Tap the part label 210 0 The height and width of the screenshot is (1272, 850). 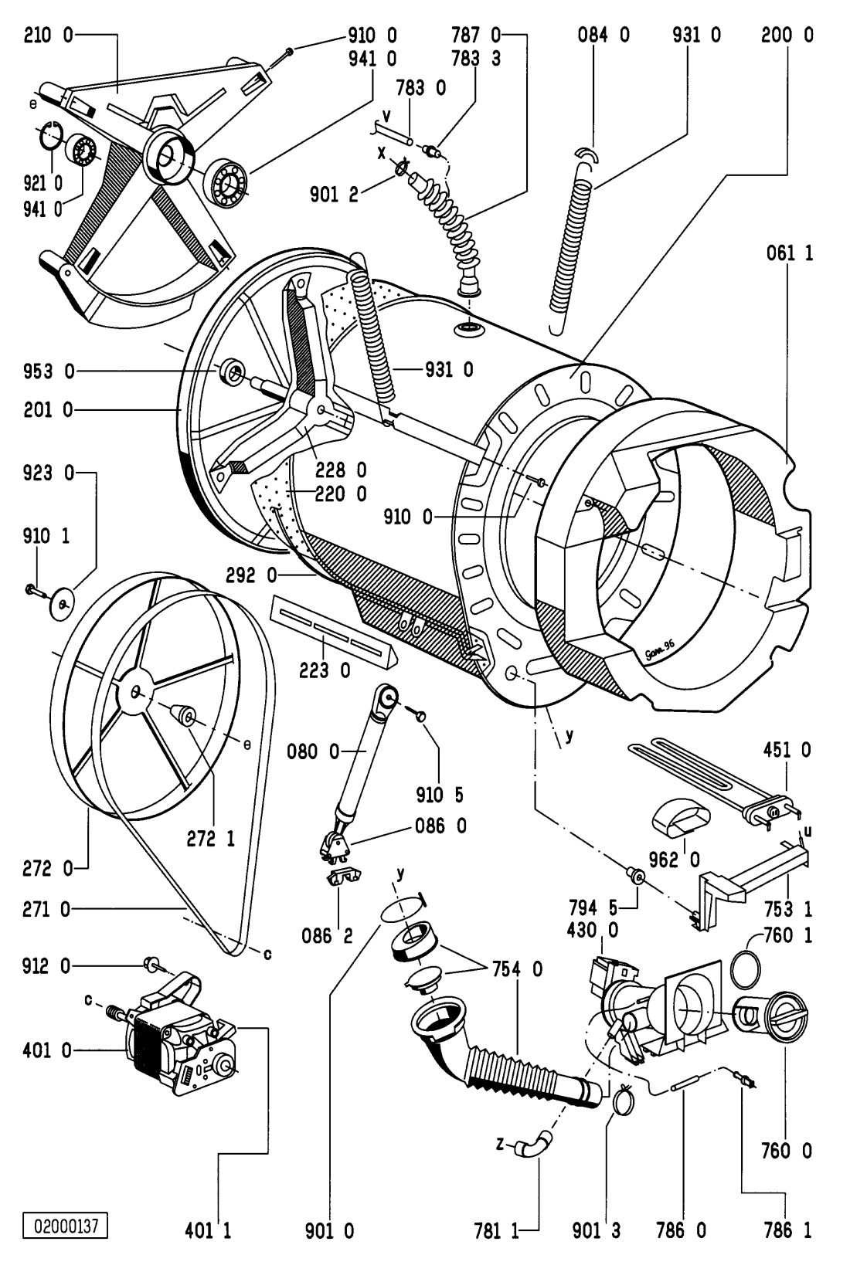pos(48,35)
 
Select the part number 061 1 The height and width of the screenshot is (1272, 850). pos(790,253)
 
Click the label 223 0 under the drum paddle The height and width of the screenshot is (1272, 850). pos(325,671)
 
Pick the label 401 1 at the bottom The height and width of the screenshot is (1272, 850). pos(209,1230)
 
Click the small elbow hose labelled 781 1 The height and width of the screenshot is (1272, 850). pos(533,1143)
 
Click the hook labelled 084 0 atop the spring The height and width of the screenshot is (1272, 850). pos(588,157)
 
